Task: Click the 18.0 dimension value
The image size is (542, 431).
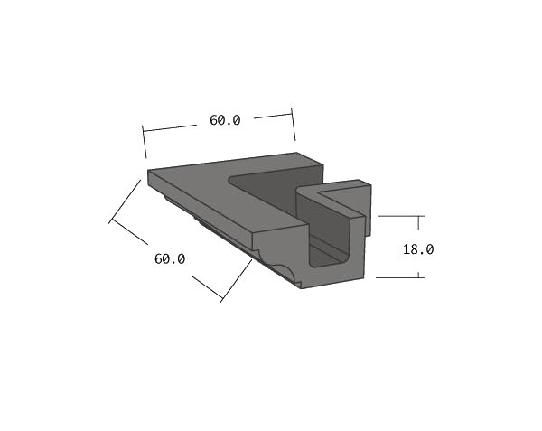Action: (x=418, y=249)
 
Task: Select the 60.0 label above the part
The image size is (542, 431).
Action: (x=225, y=120)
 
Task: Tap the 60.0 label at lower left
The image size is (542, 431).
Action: (x=170, y=258)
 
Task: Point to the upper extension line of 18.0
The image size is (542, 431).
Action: (x=399, y=216)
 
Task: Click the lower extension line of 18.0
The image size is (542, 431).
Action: (x=399, y=276)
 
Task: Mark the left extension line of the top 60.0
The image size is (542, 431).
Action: (x=145, y=144)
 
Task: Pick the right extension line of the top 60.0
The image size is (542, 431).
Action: (x=293, y=125)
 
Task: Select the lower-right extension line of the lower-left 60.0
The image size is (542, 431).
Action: (x=236, y=281)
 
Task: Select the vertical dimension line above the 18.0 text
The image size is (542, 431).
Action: (x=418, y=229)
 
